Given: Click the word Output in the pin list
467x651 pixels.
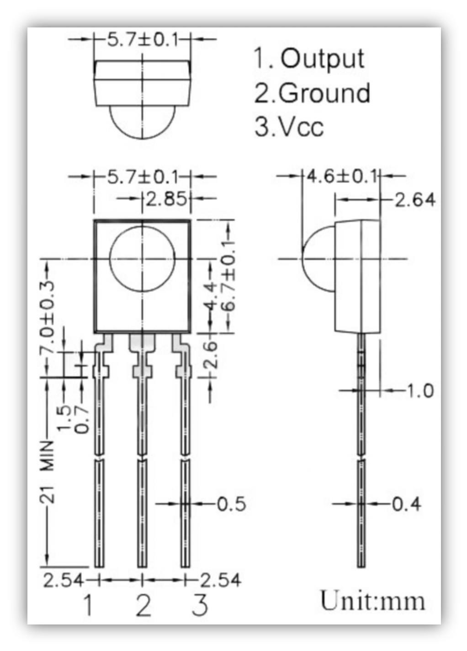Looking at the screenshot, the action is pos(322,59).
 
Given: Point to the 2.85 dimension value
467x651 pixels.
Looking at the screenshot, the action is pos(165,199).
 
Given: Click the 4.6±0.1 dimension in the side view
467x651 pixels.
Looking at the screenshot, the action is pos(341,176).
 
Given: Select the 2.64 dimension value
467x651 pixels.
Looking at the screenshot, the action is pos(415,200).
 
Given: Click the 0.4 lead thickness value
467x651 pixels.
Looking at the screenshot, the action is pos(407,504).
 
